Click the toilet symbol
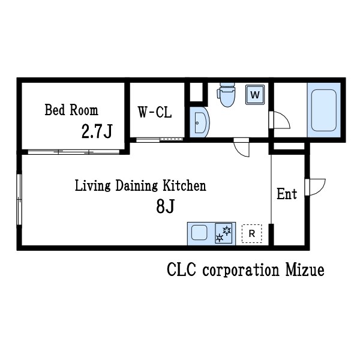(x=227, y=95)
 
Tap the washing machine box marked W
(x=255, y=95)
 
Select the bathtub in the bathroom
(x=324, y=110)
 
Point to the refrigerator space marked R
(x=252, y=233)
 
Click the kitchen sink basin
(x=199, y=232)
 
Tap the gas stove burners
(x=223, y=234)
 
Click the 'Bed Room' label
(x=71, y=110)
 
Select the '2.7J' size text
(x=97, y=131)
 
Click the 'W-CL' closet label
(x=155, y=112)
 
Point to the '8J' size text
(x=166, y=206)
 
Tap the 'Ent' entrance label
(x=287, y=194)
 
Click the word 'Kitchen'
(x=184, y=185)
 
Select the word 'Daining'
(x=136, y=186)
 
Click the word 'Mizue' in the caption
(x=305, y=270)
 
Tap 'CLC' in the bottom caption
(x=181, y=270)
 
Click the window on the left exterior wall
(x=19, y=199)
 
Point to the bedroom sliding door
(x=74, y=152)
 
